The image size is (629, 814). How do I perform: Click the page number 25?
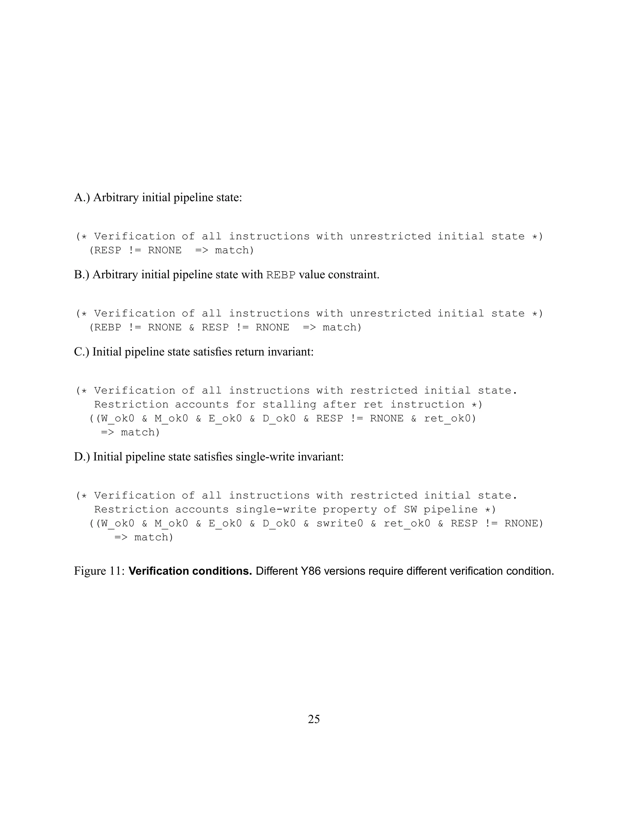(x=314, y=719)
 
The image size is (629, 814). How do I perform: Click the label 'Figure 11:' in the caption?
(x=99, y=571)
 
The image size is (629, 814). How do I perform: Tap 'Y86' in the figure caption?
(x=311, y=571)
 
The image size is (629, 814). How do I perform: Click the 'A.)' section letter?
(x=82, y=197)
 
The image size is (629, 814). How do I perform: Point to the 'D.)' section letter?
(x=82, y=456)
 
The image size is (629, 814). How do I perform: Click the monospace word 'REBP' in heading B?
(x=281, y=275)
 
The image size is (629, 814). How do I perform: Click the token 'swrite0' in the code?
(x=339, y=523)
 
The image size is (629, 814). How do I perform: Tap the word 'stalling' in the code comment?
(x=289, y=405)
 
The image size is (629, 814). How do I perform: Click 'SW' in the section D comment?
(x=410, y=510)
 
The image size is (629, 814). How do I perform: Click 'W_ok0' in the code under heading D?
(x=117, y=523)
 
